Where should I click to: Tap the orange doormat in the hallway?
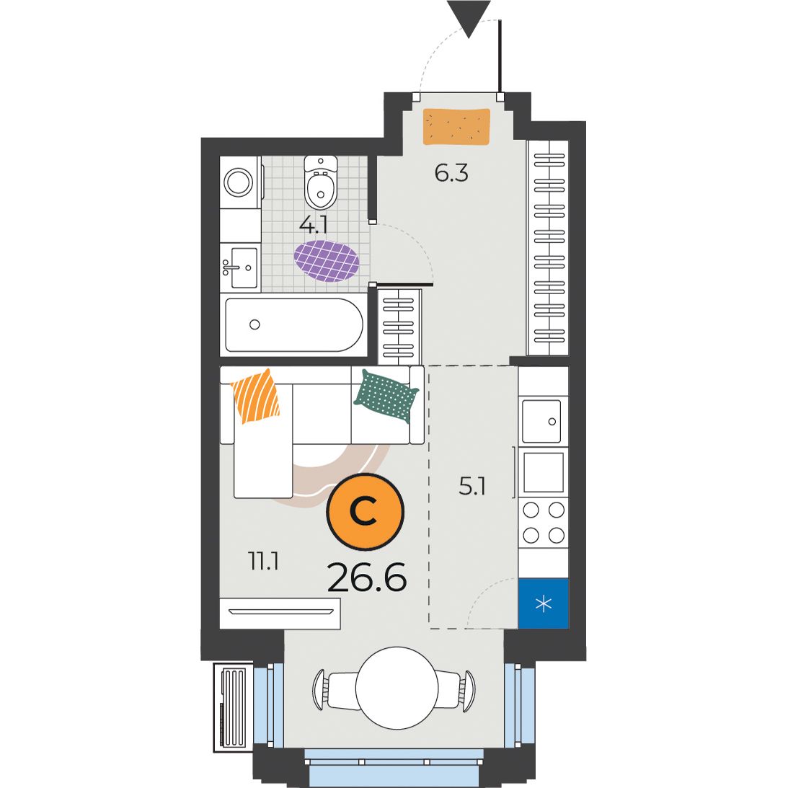point(456,127)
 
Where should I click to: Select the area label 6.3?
point(451,173)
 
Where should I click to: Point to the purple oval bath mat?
point(327,261)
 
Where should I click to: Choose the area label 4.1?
point(314,226)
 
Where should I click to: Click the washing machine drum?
point(238,182)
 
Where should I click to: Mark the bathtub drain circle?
point(254,324)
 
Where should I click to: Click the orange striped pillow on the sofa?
point(255,396)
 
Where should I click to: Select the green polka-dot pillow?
point(386,396)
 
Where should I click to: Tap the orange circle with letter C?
point(366,512)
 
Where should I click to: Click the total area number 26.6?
point(367,577)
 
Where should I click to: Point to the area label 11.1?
point(264,561)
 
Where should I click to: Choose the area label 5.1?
point(472,487)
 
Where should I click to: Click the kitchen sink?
point(541,421)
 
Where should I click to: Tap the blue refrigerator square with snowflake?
point(544,603)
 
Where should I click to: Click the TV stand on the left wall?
point(280,613)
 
